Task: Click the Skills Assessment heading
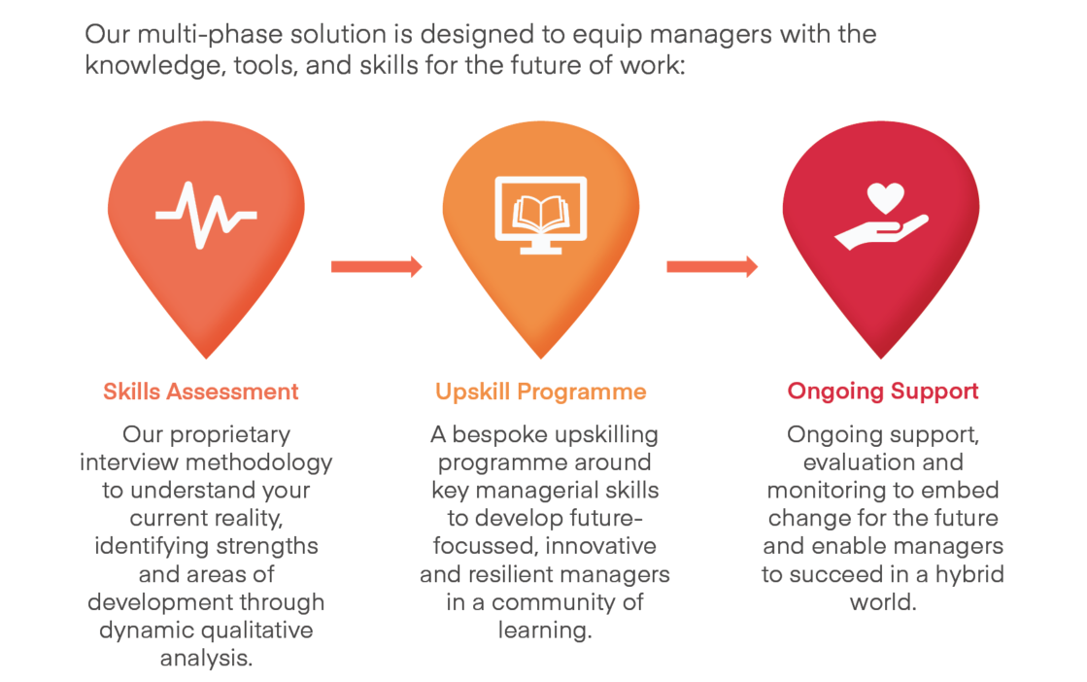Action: (x=201, y=392)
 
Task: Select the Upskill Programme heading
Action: (x=541, y=392)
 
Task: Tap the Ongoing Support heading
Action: (x=882, y=392)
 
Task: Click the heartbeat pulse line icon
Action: (x=206, y=215)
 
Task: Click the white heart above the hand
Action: (x=886, y=198)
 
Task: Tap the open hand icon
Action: (x=881, y=233)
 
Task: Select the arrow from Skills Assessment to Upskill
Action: (x=377, y=267)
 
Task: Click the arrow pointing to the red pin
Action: (x=712, y=267)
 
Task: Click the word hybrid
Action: (x=969, y=575)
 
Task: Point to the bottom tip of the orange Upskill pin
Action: (x=541, y=358)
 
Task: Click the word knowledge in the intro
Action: (x=155, y=66)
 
